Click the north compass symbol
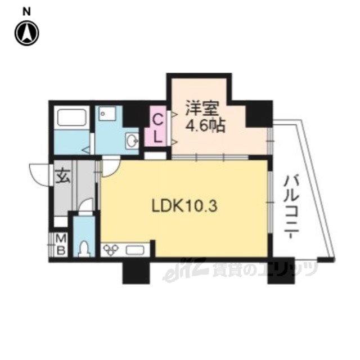point(27,33)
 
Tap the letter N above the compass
point(27,11)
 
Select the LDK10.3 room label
point(184,206)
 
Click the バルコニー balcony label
point(291,207)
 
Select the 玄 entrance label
point(62,176)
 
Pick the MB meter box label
point(61,244)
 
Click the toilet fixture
point(84,249)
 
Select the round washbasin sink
point(132,139)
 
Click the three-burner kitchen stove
point(111,249)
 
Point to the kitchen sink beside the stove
point(135,250)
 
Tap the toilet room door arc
point(85,205)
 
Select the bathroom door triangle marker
point(86,150)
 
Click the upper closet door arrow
point(174,114)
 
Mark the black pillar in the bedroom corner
point(259,114)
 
